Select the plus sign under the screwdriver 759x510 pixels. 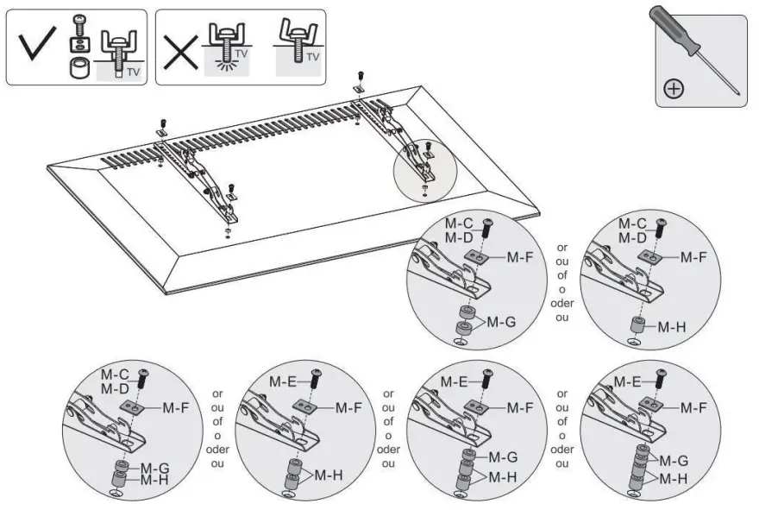674,87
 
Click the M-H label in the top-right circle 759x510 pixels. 674,327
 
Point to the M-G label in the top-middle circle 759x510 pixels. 502,322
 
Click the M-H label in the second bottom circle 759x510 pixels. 329,475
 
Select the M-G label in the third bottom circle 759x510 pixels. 502,456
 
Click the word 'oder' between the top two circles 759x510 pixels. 561,303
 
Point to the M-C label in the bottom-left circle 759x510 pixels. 114,375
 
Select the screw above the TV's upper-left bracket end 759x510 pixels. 161,123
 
